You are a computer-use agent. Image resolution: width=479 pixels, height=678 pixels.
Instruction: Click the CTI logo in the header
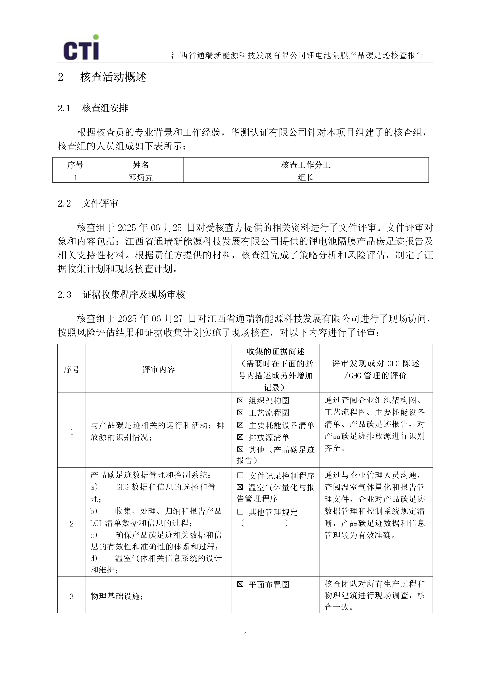coord(81,48)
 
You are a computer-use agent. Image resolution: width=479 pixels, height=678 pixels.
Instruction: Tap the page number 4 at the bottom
coord(245,634)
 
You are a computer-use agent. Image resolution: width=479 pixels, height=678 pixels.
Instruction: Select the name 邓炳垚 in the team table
coord(141,177)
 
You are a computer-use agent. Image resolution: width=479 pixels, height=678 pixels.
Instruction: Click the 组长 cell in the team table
coord(306,177)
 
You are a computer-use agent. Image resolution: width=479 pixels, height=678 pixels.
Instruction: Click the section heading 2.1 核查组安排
coord(93,108)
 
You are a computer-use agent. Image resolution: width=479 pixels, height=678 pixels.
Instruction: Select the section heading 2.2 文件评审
coord(88,203)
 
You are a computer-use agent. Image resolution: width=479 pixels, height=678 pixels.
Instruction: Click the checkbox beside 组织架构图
coord(240,401)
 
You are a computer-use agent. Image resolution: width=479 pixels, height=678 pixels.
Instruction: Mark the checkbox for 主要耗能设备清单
coord(240,425)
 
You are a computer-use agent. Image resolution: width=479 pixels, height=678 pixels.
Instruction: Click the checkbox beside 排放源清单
coord(240,437)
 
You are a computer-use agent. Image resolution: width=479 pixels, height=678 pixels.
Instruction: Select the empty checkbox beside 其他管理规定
coord(240,512)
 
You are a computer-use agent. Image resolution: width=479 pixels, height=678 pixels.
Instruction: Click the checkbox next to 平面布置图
coord(240,584)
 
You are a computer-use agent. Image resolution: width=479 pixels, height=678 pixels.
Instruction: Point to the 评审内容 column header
coord(159,369)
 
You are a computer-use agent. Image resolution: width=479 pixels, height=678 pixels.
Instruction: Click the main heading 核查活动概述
coord(113,77)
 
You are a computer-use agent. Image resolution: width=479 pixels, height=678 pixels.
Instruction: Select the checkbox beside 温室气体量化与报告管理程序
coord(240,487)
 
